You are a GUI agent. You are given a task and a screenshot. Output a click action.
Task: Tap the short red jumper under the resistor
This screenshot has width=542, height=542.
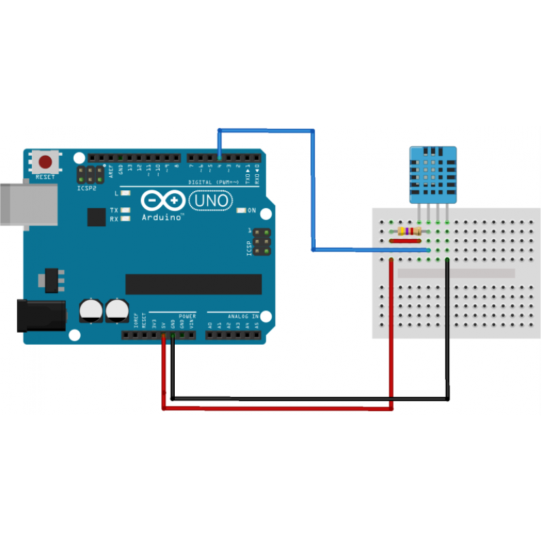tap(405, 241)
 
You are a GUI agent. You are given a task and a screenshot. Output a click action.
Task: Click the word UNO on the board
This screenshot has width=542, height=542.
tap(211, 201)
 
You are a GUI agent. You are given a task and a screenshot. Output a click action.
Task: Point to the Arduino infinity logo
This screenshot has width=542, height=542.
tap(163, 201)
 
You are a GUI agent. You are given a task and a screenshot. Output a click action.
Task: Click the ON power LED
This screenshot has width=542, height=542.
tap(241, 210)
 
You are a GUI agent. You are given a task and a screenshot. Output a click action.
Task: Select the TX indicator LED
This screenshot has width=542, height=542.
tap(124, 211)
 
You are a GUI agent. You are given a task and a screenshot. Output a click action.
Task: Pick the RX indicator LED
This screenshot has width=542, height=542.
tap(124, 219)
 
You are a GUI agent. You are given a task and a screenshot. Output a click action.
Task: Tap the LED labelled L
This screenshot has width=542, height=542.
tap(124, 193)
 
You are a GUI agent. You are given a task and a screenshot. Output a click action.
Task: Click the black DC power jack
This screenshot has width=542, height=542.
tap(41, 315)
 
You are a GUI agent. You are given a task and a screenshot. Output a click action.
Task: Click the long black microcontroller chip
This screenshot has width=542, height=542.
tap(194, 285)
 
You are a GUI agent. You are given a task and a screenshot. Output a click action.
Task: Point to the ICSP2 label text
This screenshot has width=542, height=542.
tap(87, 188)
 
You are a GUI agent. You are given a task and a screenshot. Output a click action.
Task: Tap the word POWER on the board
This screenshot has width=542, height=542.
tap(187, 316)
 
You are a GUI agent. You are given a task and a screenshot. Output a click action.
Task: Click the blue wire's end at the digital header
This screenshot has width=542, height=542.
tap(219, 158)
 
